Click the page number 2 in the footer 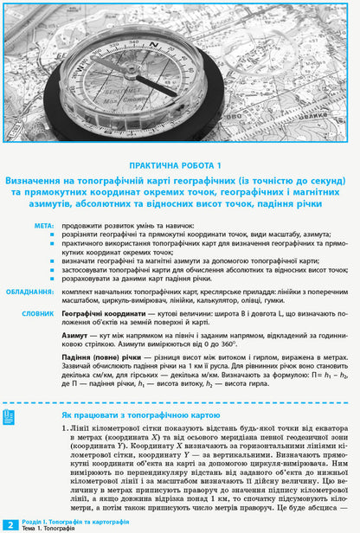(x=10, y=524)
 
